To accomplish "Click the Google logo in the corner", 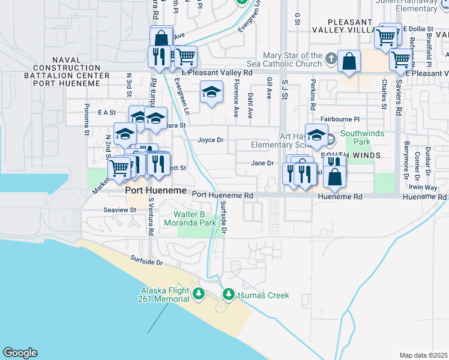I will [19, 353].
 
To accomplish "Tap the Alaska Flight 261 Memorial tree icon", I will [199, 295].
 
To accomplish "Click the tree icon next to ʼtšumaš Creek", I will [228, 295].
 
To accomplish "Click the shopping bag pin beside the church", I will [349, 61].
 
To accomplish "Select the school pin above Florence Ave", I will [211, 92].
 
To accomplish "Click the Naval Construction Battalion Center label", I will [67, 71].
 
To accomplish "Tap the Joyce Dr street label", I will [211, 140].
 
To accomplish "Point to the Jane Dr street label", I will [262, 163].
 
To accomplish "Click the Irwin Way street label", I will [424, 187].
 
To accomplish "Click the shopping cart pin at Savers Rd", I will [400, 60].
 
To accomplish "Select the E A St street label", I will [106, 112].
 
